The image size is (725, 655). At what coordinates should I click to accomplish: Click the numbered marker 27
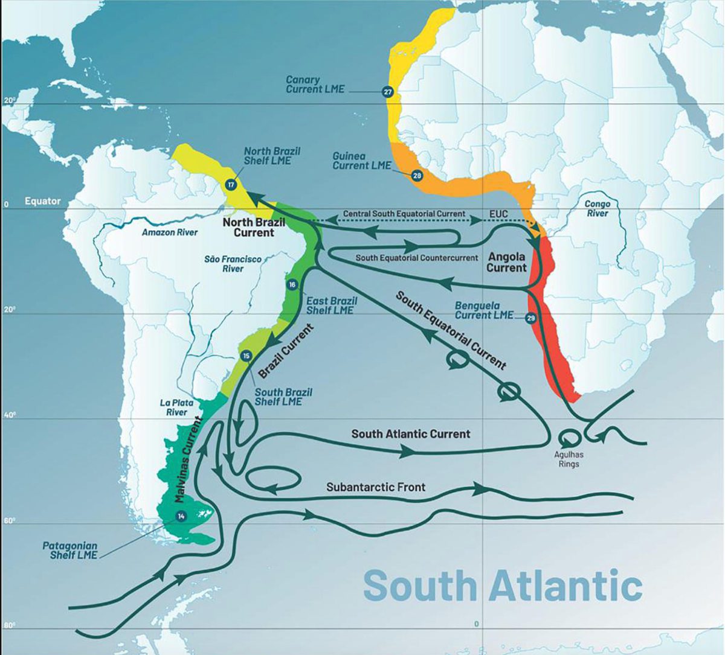click(388, 92)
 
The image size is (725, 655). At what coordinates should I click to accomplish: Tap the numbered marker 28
click(417, 176)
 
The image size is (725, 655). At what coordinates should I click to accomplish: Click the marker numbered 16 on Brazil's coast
click(292, 285)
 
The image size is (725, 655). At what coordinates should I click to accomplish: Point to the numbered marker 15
click(246, 356)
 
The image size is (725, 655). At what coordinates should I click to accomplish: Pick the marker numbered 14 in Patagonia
click(181, 516)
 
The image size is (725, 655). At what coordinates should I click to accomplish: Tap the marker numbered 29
click(530, 318)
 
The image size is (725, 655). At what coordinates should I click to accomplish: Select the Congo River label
click(597, 209)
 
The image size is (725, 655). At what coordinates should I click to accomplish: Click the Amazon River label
click(170, 232)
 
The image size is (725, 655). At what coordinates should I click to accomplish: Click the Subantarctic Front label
click(376, 487)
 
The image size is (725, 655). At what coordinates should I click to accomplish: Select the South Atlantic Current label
click(411, 433)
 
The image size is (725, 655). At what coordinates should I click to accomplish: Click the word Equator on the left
click(42, 200)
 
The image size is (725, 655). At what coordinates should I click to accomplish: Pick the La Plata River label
click(173, 407)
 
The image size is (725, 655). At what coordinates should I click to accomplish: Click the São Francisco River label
click(233, 263)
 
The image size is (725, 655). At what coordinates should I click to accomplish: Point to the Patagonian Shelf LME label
click(70, 550)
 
